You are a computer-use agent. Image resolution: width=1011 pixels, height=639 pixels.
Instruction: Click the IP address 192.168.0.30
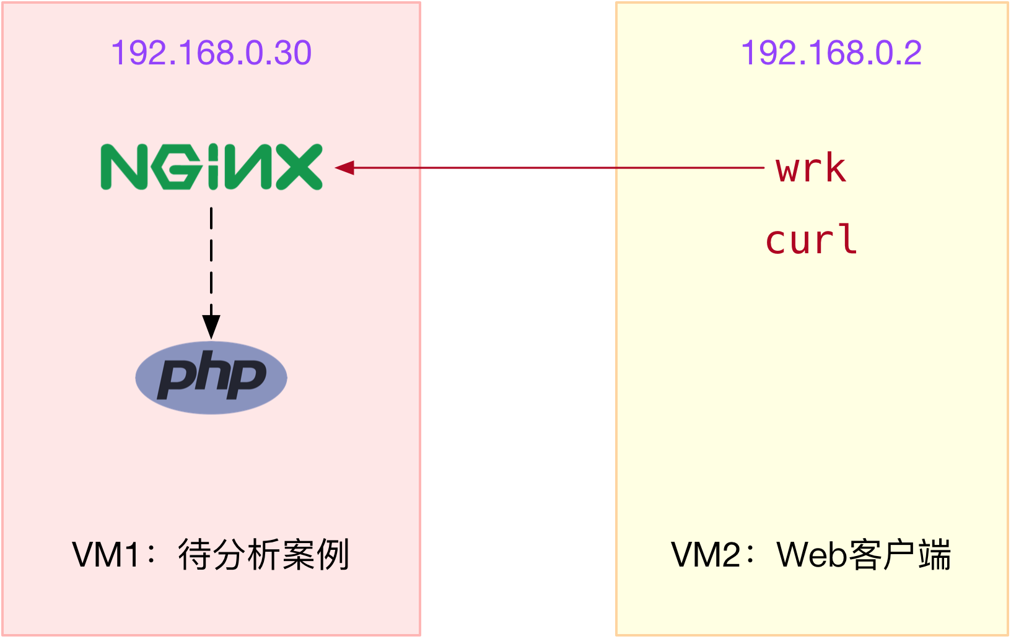(x=211, y=53)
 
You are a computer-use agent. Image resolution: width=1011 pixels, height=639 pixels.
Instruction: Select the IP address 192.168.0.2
(x=831, y=53)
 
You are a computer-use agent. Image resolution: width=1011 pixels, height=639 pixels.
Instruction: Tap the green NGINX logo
(x=211, y=167)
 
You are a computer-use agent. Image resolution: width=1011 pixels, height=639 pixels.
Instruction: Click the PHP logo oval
(x=211, y=377)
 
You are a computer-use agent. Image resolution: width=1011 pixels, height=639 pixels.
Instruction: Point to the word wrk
(x=811, y=168)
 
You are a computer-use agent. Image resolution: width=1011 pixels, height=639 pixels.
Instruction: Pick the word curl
(x=811, y=240)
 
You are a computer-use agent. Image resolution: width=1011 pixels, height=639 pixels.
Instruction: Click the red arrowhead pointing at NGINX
(x=344, y=167)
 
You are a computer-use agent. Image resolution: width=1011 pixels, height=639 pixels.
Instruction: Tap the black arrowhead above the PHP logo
(x=211, y=326)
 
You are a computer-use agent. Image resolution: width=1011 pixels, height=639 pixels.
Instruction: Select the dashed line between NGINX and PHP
(x=211, y=260)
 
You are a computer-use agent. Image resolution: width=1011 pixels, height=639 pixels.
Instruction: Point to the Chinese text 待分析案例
(x=264, y=555)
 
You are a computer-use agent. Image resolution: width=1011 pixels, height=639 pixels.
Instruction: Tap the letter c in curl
(x=777, y=241)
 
